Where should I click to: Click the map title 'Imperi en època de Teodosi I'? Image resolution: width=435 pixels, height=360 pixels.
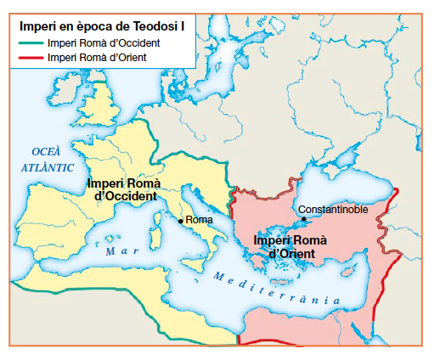click(101, 25)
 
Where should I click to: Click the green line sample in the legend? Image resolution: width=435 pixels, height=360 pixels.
click(31, 42)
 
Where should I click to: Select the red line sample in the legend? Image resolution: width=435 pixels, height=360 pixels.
click(31, 57)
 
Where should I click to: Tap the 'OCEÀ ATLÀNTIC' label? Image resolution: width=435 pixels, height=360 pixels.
click(47, 159)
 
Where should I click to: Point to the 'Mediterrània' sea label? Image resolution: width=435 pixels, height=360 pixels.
click(276, 289)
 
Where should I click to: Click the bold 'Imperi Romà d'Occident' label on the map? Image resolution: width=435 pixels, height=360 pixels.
click(124, 188)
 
